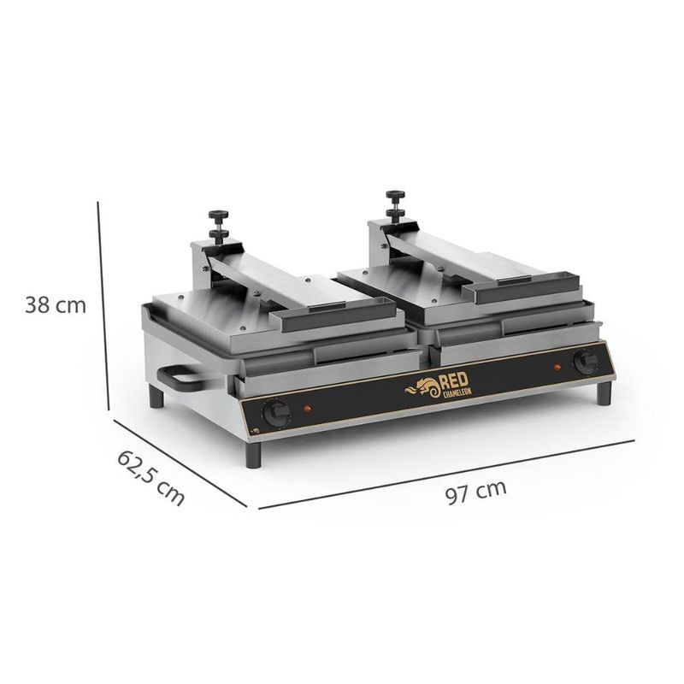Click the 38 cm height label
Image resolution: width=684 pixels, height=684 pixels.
tap(56, 305)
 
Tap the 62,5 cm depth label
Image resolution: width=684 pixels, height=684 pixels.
tap(150, 478)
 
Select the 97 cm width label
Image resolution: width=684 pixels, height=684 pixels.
tap(476, 492)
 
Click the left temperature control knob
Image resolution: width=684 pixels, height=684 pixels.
tap(276, 413)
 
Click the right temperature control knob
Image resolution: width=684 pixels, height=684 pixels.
tap(586, 362)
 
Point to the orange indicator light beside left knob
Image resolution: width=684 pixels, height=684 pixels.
tap(307, 409)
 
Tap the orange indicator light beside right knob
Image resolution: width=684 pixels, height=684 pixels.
tap(557, 367)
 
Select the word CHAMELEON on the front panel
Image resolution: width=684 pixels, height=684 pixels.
tap(457, 392)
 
